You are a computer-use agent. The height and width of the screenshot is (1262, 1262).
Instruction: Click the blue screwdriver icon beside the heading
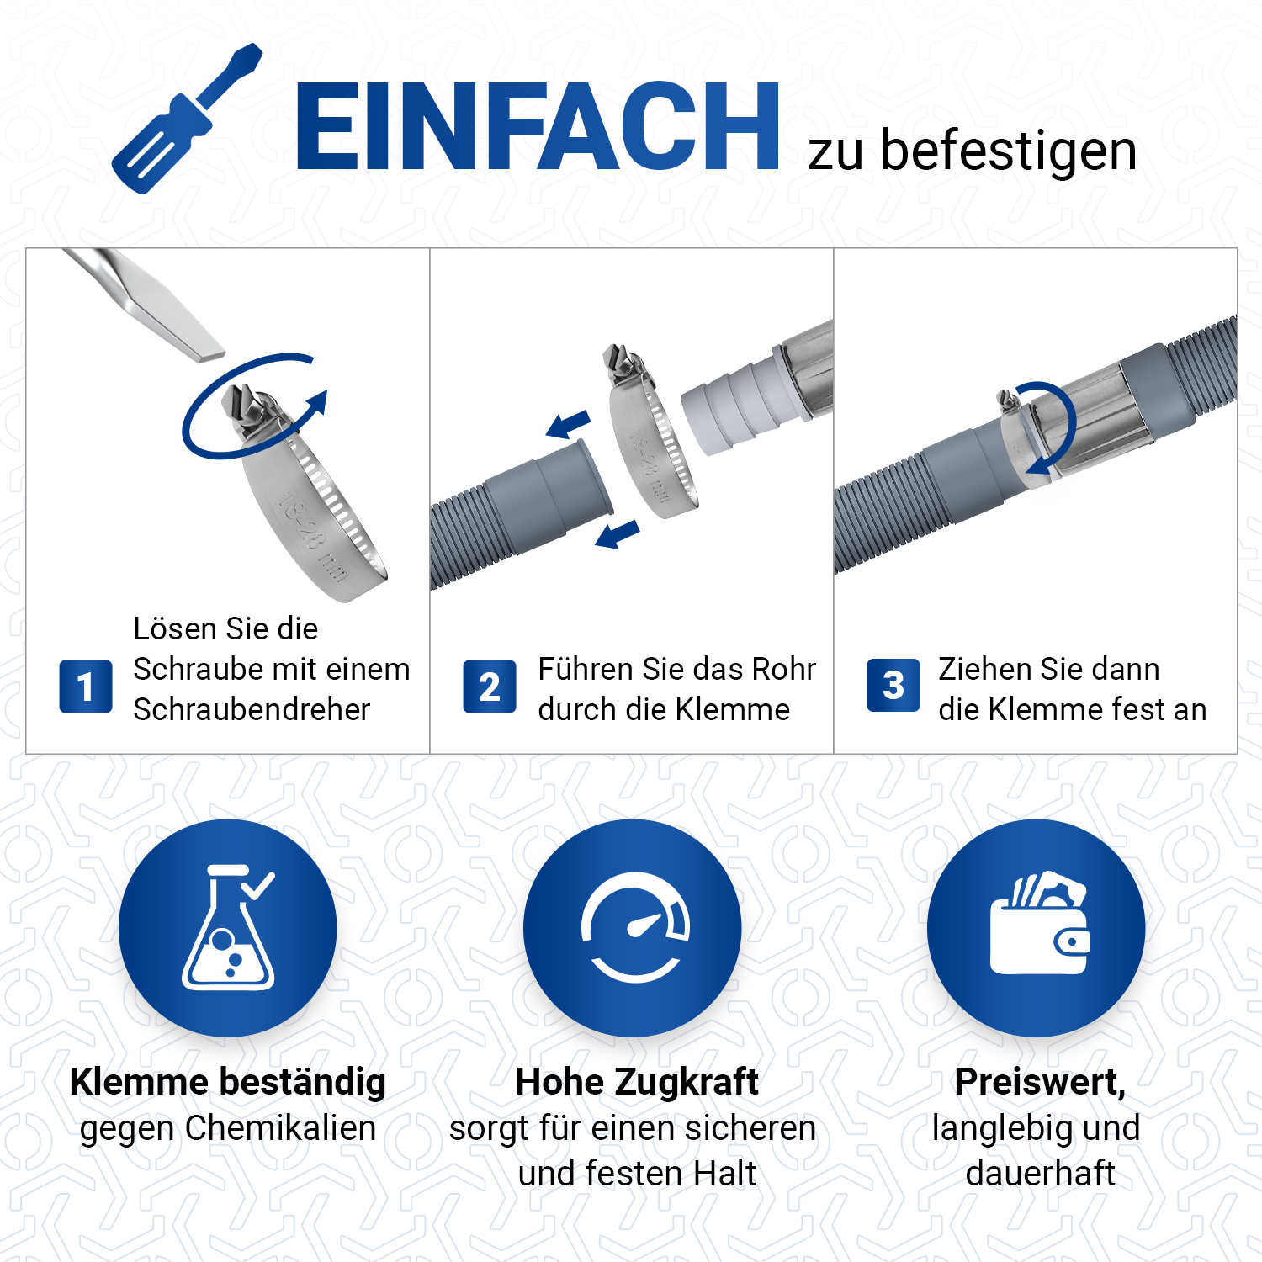coord(187,119)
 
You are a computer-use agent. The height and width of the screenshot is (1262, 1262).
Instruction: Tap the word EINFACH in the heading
coord(538,127)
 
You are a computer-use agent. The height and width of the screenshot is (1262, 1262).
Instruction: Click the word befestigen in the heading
coord(1009,151)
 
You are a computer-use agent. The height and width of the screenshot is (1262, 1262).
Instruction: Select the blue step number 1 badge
coord(86,687)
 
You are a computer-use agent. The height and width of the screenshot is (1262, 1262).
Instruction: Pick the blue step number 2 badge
coord(490,687)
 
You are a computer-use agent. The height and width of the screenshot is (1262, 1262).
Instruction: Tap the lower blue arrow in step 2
coord(618,534)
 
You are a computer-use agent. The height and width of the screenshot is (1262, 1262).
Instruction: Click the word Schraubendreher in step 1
coord(252,709)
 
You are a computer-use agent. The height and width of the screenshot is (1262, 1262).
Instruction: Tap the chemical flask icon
coord(228,927)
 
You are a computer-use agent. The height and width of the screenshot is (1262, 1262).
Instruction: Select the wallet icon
coord(1040,924)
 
